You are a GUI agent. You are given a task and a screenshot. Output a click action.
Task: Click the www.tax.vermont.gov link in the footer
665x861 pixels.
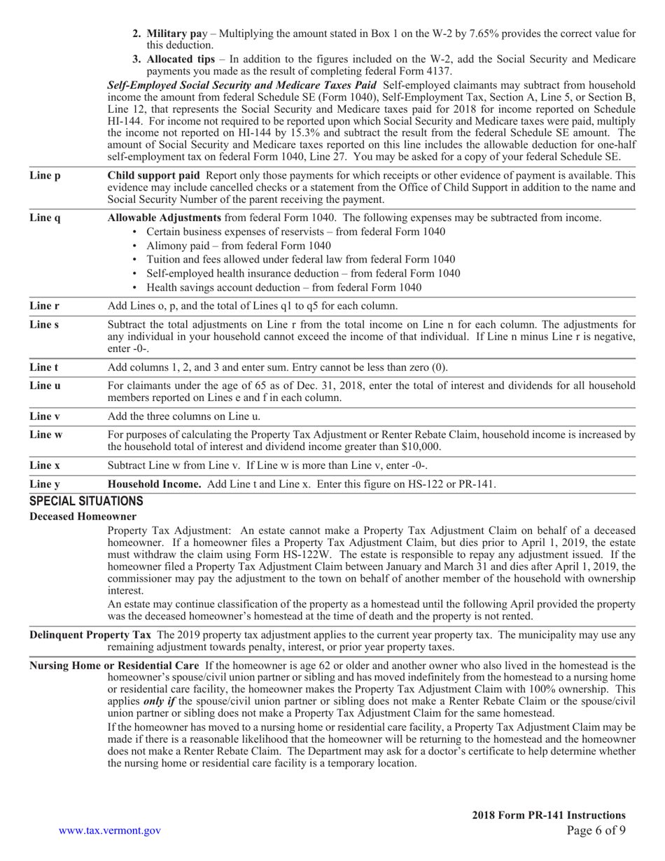(109, 830)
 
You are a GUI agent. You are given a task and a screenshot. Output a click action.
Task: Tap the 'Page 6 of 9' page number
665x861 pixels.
(596, 830)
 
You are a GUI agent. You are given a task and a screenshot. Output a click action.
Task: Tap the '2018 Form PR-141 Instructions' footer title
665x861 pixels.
(548, 815)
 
